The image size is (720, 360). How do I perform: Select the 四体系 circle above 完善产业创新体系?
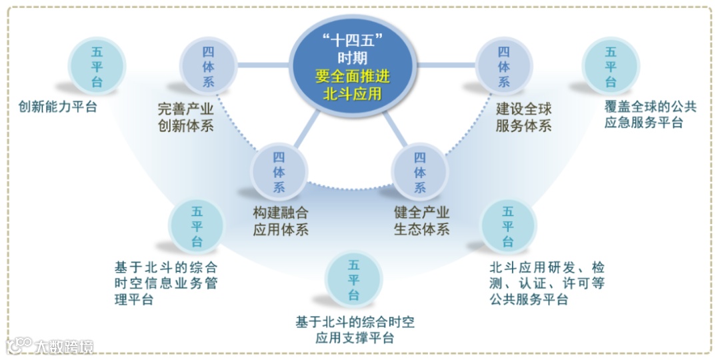[x=208, y=65]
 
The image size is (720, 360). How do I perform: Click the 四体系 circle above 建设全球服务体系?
[x=503, y=65]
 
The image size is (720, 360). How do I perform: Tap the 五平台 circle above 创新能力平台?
[x=97, y=65]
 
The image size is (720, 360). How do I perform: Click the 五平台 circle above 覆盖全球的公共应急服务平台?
[x=611, y=65]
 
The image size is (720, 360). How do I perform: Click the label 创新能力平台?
[x=58, y=107]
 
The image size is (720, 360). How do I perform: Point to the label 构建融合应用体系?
[x=281, y=221]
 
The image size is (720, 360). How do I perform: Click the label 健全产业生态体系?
[x=421, y=221]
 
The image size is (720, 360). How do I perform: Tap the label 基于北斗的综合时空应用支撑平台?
[x=355, y=330]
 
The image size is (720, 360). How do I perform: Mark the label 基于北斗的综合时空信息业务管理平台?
[x=166, y=283]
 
